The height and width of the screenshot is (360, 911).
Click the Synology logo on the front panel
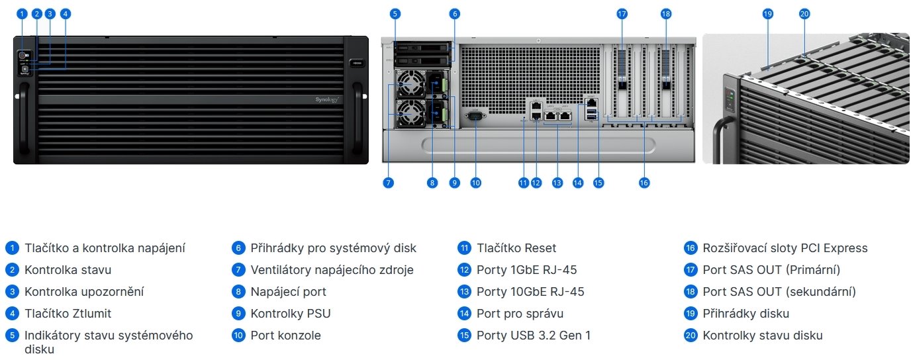(326, 99)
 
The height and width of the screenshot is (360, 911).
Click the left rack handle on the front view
(24, 122)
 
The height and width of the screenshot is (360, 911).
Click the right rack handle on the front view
(358, 122)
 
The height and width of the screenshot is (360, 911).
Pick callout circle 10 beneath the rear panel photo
(475, 183)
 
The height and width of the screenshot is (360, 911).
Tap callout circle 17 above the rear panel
(621, 13)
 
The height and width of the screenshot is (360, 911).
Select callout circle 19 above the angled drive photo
(768, 13)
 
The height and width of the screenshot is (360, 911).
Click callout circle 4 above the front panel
(65, 13)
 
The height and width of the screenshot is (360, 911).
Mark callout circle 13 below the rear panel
(557, 183)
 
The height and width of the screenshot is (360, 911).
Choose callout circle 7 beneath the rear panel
(389, 183)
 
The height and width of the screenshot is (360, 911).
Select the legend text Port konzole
(285, 336)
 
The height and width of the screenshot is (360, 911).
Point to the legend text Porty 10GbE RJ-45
(530, 292)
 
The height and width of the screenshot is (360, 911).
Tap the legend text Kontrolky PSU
(290, 314)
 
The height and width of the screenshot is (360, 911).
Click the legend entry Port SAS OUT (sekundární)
(779, 292)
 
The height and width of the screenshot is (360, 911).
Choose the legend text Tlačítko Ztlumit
(68, 314)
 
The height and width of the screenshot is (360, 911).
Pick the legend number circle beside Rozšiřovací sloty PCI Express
(691, 248)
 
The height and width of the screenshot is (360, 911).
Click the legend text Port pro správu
(520, 314)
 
